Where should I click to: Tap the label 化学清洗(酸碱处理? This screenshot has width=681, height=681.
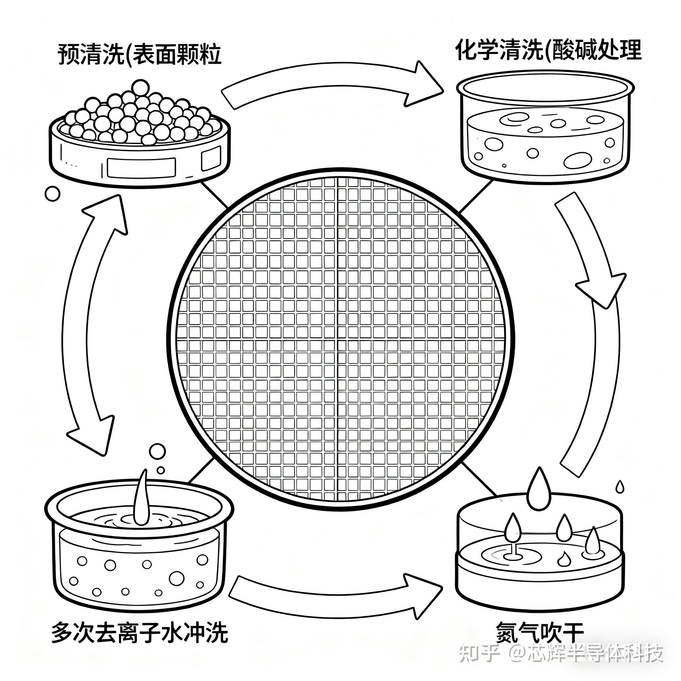(548, 51)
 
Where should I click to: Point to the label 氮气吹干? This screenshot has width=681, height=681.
(540, 632)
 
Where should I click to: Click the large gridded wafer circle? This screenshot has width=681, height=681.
(340, 339)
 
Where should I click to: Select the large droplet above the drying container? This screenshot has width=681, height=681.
(539, 490)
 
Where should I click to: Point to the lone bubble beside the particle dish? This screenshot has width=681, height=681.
(53, 194)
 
